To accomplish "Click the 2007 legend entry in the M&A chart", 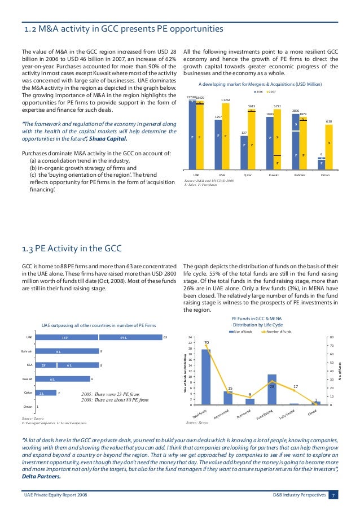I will click(273, 91).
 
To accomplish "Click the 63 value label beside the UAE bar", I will click(165, 337).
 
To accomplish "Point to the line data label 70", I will click(207, 343).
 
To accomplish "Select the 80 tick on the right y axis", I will click(331, 337).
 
